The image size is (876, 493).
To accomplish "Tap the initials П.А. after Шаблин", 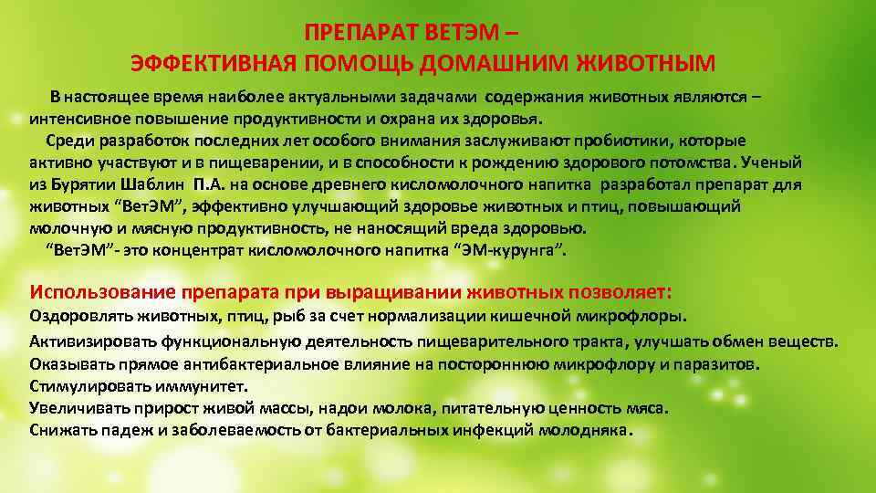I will [211, 184].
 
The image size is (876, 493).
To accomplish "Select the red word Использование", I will [102, 293].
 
